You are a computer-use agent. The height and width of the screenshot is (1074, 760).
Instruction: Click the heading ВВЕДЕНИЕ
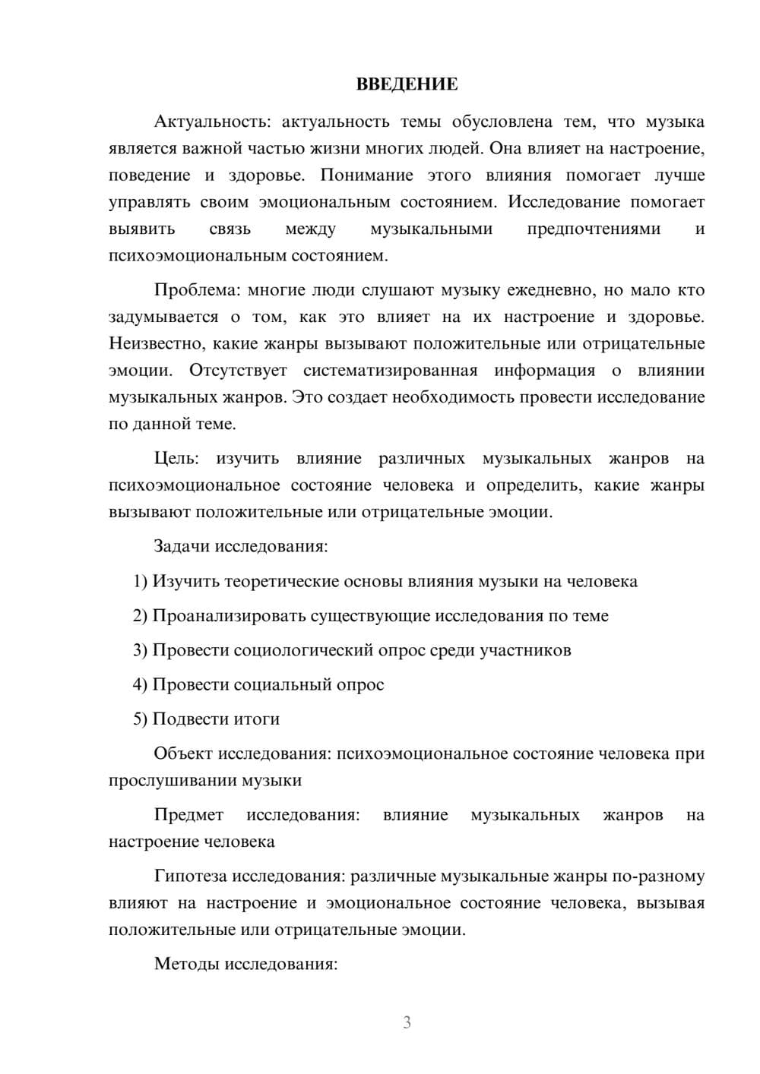[x=407, y=84]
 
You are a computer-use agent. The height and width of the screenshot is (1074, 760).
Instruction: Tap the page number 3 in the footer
[x=407, y=1022]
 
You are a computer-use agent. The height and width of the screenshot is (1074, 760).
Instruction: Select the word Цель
[x=176, y=459]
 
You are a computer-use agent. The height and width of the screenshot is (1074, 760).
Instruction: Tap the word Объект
[x=183, y=753]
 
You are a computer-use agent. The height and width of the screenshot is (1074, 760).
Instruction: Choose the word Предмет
[x=188, y=815]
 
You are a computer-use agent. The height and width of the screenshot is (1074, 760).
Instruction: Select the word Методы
[x=184, y=965]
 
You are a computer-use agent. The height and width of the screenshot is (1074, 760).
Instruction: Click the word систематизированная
[x=390, y=371]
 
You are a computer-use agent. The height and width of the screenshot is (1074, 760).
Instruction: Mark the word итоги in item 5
[x=256, y=719]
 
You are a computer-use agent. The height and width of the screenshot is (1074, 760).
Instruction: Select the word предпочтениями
[x=594, y=229]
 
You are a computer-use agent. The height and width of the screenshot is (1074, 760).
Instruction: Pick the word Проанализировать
[x=229, y=616]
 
